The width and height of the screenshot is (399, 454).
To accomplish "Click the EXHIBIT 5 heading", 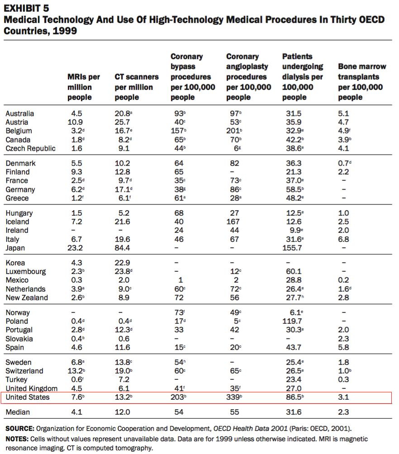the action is tap(26, 9).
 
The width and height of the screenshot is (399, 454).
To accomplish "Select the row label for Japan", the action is tap(15, 248).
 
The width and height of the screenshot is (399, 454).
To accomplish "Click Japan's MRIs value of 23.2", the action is tap(75, 248).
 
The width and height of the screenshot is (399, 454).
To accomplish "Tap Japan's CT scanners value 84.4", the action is tap(122, 248).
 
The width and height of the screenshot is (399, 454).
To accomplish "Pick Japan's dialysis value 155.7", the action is tap(292, 248).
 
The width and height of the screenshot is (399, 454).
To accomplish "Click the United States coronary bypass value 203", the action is tap(177, 397).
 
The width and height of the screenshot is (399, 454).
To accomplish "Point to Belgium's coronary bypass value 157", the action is tap(177, 131).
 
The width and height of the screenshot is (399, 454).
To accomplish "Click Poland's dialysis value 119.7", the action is tap(292, 321).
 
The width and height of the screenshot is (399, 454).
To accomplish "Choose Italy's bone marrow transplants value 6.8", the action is tap(343, 240).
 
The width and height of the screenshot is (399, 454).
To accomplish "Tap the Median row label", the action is tap(18, 412).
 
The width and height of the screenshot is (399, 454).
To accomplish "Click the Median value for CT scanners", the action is tap(122, 412).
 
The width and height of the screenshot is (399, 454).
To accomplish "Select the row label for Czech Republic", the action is tap(30, 148).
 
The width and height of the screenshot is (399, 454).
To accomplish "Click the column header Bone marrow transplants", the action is tap(362, 82).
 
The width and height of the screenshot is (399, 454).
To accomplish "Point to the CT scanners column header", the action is tap(137, 87).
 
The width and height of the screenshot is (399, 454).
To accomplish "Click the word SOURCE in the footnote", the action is tap(20, 429).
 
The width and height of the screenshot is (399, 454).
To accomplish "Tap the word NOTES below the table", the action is tap(17, 439).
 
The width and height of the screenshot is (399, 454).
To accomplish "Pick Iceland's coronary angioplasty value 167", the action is tap(233, 222).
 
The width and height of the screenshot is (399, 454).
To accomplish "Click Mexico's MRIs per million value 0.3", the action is tap(77, 280).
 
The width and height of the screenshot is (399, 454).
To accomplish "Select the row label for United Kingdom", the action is tap(32, 388).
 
